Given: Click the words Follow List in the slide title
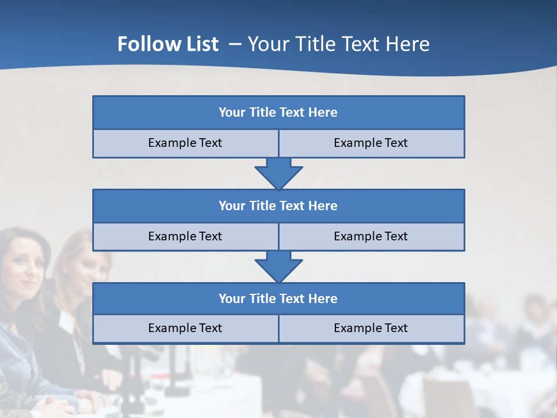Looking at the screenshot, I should coord(168,44).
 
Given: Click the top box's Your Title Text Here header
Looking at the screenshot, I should coord(278,113).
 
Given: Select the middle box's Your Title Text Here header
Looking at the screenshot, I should coord(278,206).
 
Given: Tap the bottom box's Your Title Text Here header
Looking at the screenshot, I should coord(278,298).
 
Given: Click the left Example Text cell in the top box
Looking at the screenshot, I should coord(185,143).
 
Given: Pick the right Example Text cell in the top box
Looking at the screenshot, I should coord(371,143).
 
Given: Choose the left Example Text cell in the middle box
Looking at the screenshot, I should coord(185,236).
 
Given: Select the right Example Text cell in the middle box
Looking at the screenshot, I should coord(371,236).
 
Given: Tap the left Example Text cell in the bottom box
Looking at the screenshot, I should coord(185,328).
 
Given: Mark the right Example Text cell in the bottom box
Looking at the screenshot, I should coord(371,328).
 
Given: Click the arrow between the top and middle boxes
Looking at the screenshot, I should coord(278,173).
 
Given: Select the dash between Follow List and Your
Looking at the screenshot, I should coord(235,44).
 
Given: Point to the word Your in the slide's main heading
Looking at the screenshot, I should coord(267,44).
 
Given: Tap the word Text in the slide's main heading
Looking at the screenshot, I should coord(359,44).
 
